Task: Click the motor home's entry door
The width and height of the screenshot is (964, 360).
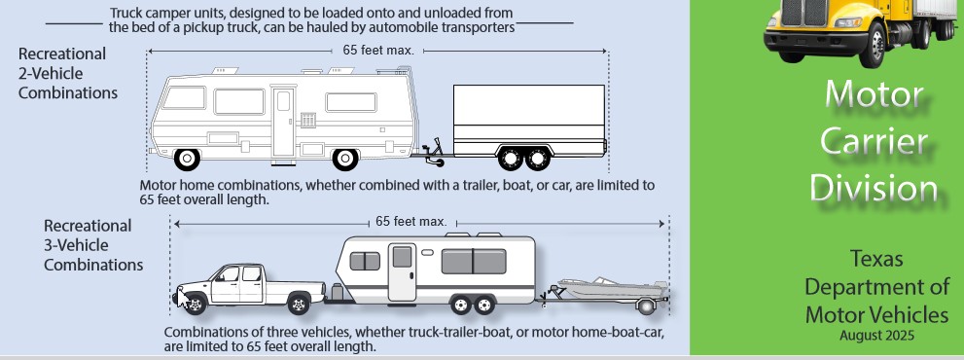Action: pos(283,123)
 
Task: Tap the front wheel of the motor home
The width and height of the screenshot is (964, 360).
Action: pos(345,160)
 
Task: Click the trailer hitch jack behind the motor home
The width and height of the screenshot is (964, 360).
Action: pos(435,153)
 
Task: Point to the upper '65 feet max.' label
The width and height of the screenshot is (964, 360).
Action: pos(378,51)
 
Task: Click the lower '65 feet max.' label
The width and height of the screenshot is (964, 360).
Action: pos(411,222)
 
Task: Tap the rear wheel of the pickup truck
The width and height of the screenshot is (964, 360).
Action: pos(299,304)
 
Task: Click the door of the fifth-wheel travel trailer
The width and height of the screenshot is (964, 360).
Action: pos(402,271)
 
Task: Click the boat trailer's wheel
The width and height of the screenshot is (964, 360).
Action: pos(646,306)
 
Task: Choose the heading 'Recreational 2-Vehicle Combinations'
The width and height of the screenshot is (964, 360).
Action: pos(68,73)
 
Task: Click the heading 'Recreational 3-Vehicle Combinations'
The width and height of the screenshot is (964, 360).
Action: pos(92,245)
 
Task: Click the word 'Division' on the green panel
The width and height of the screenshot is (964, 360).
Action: pos(874,188)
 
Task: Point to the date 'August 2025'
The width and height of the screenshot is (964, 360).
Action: pos(876,336)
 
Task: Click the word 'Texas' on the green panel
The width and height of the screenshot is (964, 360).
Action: pos(876,259)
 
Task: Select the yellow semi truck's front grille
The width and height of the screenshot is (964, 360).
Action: pos(804,13)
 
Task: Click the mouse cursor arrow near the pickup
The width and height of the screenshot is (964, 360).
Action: pos(182,299)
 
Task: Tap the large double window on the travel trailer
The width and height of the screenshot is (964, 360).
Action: pos(474,261)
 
